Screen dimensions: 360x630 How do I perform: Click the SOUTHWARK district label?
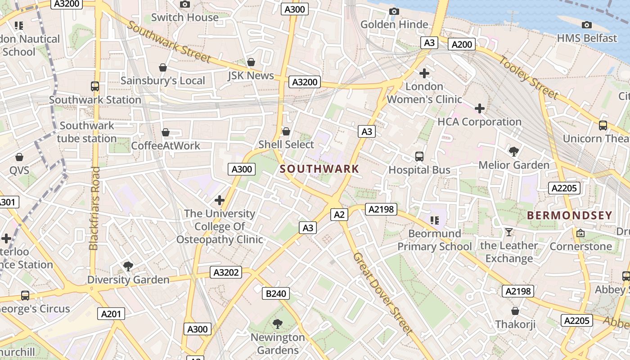(x=319, y=169)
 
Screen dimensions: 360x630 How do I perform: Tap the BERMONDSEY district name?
(x=569, y=215)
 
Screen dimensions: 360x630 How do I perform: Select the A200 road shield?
(x=462, y=44)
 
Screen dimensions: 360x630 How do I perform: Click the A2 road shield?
(x=339, y=215)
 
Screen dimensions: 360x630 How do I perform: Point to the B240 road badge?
(x=276, y=294)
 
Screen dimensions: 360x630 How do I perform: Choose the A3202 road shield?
(x=225, y=272)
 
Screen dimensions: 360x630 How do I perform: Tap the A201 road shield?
(x=111, y=314)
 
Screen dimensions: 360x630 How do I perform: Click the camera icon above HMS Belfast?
(x=586, y=25)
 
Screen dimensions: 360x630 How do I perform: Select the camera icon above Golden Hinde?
(x=394, y=11)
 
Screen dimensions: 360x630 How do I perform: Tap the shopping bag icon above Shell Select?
(x=286, y=131)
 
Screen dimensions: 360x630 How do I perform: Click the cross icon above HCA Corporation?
(x=480, y=108)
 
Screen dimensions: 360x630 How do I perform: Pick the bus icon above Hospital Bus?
(x=419, y=157)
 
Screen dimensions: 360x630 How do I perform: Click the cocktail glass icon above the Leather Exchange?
(x=509, y=232)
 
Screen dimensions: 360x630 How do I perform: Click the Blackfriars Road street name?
(x=94, y=208)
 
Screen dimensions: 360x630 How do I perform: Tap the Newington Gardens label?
(x=278, y=343)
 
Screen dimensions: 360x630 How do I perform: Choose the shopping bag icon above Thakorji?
(x=515, y=311)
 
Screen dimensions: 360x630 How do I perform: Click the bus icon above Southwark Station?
(x=95, y=86)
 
